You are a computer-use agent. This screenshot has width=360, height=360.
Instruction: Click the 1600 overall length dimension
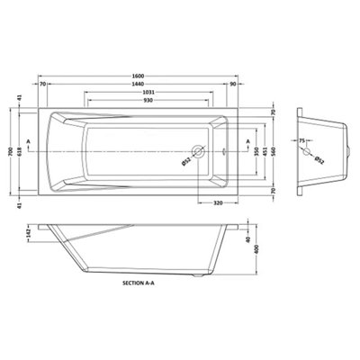click(x=144, y=76)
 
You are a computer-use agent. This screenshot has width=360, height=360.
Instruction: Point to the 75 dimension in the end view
click(x=303, y=141)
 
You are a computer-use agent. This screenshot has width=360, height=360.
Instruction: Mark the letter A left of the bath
click(x=31, y=141)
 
